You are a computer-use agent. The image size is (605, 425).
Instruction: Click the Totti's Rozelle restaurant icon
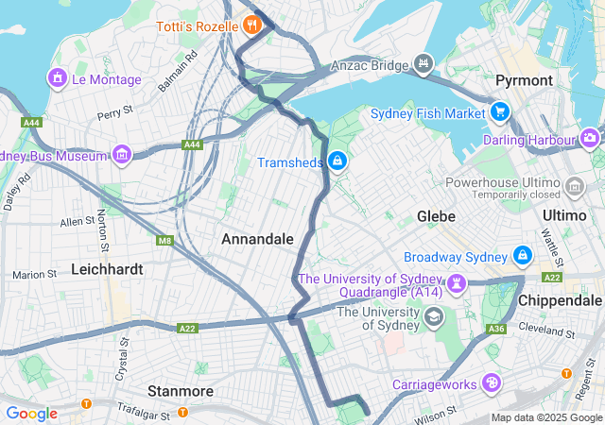click(x=251, y=25)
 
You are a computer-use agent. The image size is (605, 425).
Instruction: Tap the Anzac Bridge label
click(x=368, y=66)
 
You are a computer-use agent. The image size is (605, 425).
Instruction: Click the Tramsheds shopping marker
click(x=337, y=162)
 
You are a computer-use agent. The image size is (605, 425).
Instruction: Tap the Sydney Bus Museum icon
click(x=122, y=154)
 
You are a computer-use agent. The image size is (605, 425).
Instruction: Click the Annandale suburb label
click(x=257, y=239)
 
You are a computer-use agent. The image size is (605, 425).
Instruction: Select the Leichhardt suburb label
click(x=107, y=269)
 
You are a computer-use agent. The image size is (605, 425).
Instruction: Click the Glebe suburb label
click(x=438, y=216)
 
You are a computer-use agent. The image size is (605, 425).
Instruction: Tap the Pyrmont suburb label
click(x=523, y=80)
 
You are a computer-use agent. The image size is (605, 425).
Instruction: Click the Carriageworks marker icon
click(x=491, y=383)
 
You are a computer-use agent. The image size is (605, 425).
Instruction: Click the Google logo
click(x=31, y=414)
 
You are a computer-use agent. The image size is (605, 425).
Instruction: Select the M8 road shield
click(x=165, y=241)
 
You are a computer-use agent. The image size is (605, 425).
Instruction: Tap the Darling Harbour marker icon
click(x=591, y=140)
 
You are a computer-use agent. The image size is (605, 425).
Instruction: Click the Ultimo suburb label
click(x=565, y=215)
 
